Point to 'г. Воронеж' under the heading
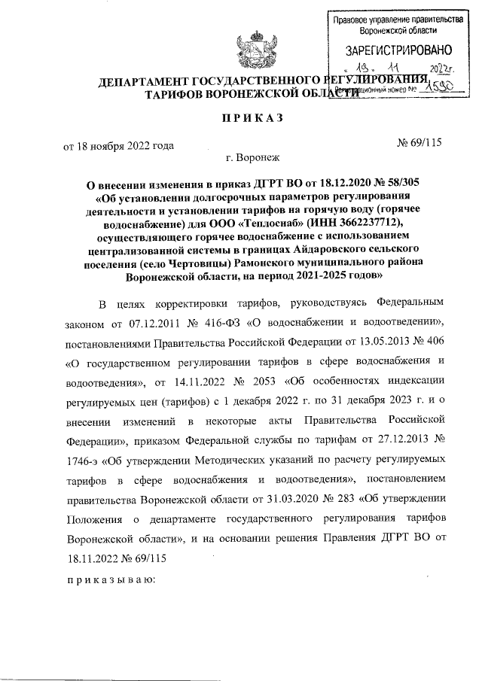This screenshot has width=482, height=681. tap(252, 159)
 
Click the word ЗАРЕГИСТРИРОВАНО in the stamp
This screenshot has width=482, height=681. tap(398, 51)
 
